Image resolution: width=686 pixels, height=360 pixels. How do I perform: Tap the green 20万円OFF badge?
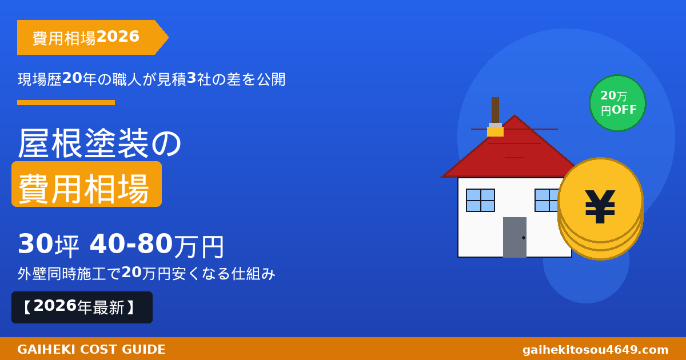click(617, 103)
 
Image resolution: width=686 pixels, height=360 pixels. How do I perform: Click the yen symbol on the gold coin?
click(600, 206)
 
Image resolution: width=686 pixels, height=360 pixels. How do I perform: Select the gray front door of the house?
click(514, 237)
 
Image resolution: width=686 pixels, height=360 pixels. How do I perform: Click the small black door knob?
click(524, 238)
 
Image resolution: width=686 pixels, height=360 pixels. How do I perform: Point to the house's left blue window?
click(480, 200)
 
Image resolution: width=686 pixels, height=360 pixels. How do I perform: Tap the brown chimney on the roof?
click(495, 109)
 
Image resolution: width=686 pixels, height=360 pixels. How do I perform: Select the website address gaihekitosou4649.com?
click(595, 350)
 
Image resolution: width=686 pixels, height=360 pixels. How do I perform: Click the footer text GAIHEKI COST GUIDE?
click(91, 350)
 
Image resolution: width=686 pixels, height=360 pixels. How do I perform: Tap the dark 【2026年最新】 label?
click(82, 307)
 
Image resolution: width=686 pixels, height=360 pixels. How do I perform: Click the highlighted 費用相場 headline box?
click(86, 185)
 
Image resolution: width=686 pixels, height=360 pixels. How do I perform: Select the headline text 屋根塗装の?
click(100, 143)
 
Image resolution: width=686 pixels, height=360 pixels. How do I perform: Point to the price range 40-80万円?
click(157, 245)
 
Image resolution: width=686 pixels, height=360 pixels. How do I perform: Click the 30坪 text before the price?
click(48, 245)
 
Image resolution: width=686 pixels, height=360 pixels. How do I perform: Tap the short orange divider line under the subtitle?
click(66, 103)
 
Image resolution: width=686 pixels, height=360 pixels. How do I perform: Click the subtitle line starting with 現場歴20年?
click(151, 79)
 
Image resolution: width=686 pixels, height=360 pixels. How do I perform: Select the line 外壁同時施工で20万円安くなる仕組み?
click(146, 274)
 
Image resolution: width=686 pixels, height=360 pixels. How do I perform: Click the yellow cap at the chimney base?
click(495, 131)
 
